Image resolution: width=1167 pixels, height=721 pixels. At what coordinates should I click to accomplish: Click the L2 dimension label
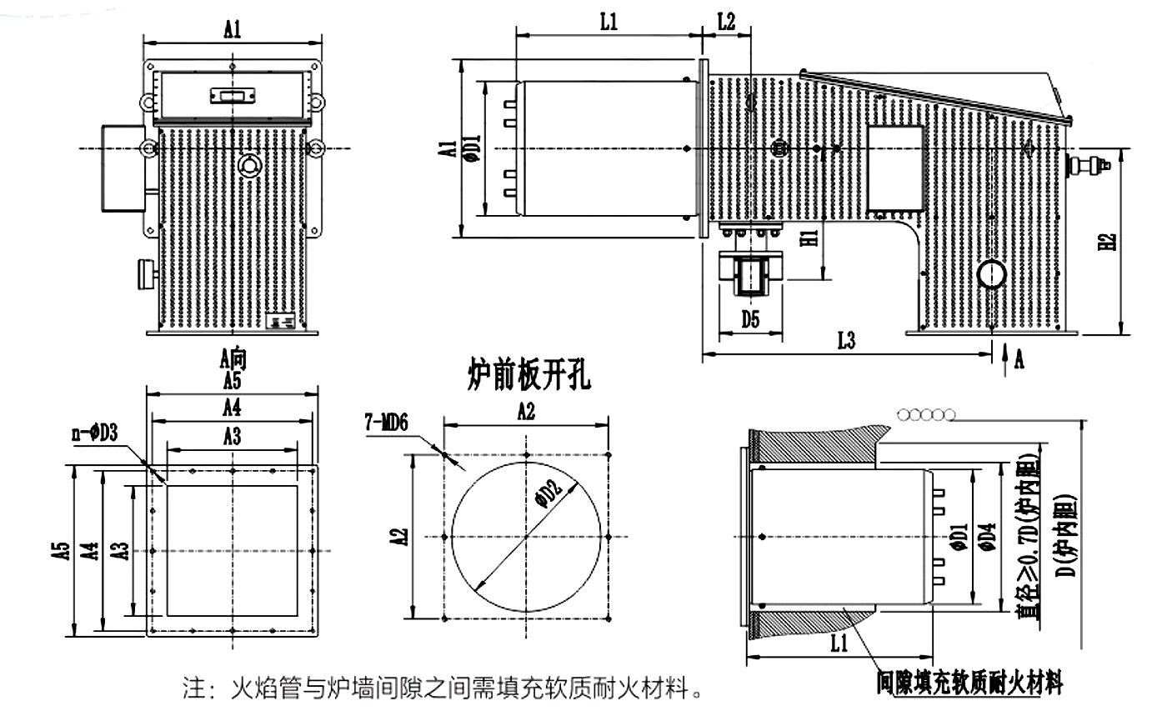[x=726, y=23]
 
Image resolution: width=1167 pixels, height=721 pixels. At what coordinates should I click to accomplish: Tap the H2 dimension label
[x=1107, y=242]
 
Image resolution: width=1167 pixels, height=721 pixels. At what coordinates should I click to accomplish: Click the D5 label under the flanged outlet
[x=751, y=318]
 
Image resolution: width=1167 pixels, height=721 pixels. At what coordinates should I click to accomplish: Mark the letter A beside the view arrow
[x=1019, y=359]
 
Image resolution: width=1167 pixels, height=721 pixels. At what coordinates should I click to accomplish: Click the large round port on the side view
[x=993, y=273]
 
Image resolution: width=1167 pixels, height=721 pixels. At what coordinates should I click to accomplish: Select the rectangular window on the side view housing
[x=896, y=167]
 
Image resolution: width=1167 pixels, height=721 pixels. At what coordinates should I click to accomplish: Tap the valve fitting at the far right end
[x=1089, y=164]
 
